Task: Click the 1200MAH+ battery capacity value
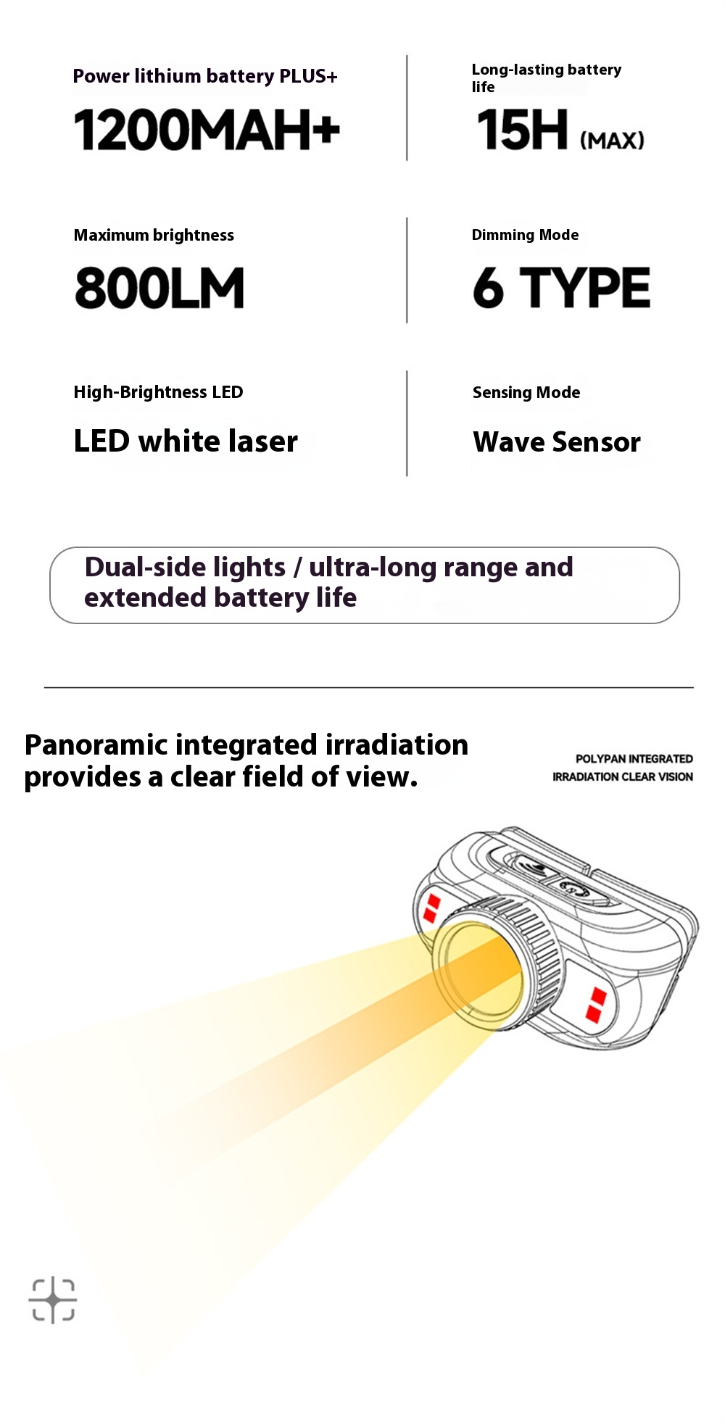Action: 207,130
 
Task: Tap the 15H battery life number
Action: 522,130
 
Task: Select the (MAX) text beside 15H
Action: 613,140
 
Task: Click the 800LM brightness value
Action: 159,288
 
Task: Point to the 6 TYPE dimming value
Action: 562,287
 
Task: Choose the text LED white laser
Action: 186,441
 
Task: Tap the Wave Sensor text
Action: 557,441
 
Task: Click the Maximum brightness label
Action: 154,235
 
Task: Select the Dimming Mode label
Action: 525,235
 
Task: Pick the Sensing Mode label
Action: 526,392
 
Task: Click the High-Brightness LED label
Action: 158,392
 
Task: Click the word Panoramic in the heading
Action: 96,744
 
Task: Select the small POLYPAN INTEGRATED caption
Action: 634,759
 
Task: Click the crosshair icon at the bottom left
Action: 53,1300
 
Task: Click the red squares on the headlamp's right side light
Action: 596,1004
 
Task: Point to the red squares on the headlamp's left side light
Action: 432,908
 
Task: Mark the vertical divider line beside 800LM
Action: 407,270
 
